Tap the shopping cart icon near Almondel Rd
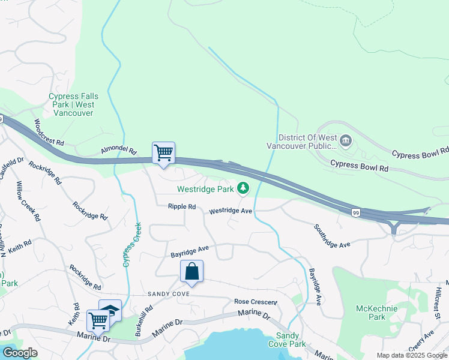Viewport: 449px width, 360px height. (163, 153)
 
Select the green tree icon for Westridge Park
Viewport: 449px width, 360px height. (243, 189)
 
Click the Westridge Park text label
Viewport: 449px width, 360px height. (205, 190)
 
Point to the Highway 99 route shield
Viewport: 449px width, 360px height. (356, 213)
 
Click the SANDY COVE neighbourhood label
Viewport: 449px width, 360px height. (169, 295)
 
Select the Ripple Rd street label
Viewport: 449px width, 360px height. (182, 206)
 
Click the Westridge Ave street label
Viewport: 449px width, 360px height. (231, 211)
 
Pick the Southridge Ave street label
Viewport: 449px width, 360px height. (331, 236)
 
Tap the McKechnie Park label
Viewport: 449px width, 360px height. (370, 313)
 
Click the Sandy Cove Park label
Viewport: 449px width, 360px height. (291, 340)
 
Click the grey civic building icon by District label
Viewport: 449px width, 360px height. (346, 142)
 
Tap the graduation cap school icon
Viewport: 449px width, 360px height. (110, 310)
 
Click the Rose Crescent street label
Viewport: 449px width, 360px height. (256, 302)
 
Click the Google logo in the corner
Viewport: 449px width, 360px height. (20, 352)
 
